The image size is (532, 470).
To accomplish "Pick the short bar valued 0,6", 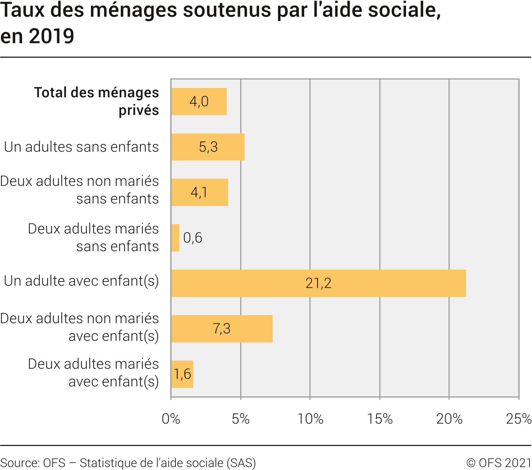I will click(175, 238).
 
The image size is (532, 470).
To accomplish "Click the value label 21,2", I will click(318, 283).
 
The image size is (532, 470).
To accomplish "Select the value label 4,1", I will click(199, 192).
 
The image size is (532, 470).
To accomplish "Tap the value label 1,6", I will click(182, 374).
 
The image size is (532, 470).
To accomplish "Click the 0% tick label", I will click(171, 419).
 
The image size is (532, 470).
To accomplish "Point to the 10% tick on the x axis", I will click(310, 419).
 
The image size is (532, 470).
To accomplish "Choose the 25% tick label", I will click(518, 419).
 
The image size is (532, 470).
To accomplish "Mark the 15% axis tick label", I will click(380, 419).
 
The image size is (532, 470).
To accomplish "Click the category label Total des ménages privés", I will click(97, 101).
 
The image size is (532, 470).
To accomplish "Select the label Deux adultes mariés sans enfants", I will click(93, 237).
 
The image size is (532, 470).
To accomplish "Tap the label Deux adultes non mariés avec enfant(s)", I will click(80, 327).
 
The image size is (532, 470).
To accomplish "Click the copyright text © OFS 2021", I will click(499, 463).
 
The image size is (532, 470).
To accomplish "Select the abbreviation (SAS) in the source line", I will click(241, 463).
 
